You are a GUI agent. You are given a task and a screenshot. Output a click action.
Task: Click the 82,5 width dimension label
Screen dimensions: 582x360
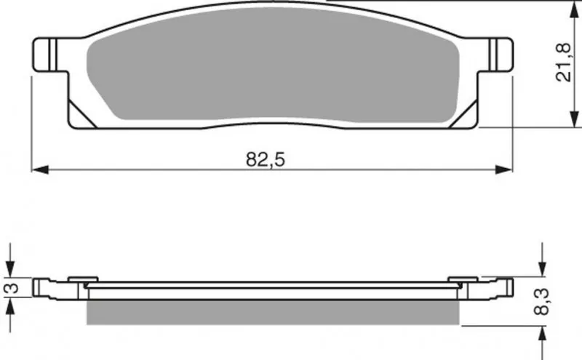pos(266,159)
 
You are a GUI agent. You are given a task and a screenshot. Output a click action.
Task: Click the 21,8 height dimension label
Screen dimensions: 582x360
pos(562,63)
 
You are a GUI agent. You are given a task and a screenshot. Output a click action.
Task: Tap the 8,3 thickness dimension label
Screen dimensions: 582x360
pos(541,302)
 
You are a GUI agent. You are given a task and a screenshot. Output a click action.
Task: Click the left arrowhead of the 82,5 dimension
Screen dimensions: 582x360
pos(40,170)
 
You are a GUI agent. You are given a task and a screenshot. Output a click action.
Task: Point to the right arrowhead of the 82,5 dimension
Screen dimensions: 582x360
pos(503,170)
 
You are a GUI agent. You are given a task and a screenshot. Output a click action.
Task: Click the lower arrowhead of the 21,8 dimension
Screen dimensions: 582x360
pos(574,119)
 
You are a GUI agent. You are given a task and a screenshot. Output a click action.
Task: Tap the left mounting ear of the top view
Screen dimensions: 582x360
pos(50,55)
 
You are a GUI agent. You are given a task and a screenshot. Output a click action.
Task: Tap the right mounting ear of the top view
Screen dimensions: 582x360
pos(495,55)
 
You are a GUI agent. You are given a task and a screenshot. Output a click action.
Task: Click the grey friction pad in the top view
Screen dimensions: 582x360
pos(273,65)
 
